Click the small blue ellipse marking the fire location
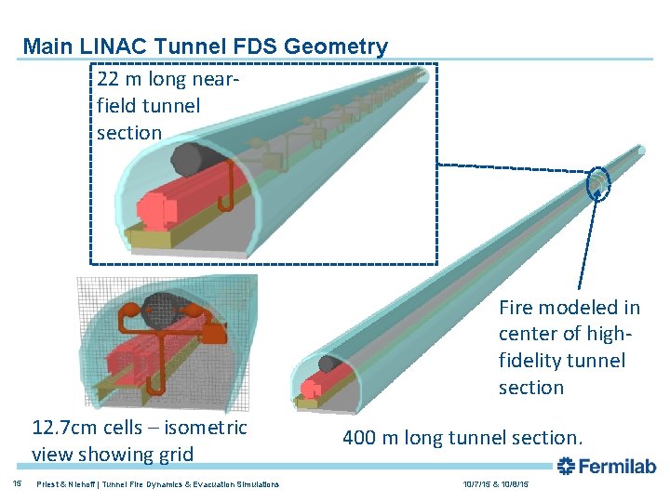[597, 183]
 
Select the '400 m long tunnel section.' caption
[462, 437]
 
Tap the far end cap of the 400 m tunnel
[640, 150]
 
